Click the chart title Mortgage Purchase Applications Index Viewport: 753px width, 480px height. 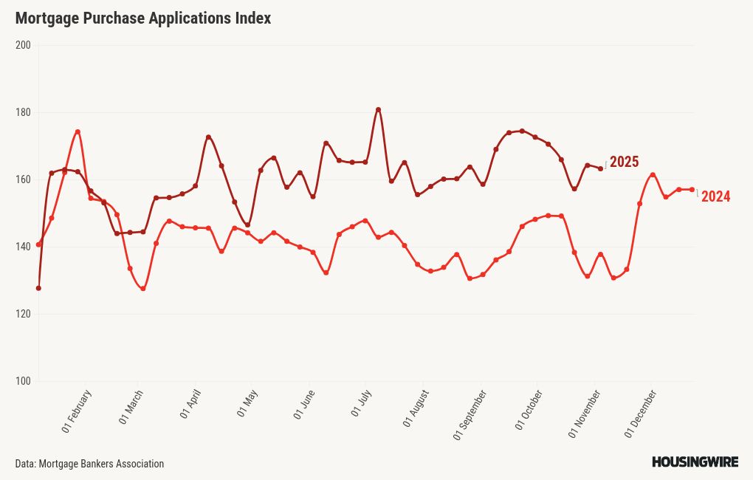pyautogui.click(x=143, y=18)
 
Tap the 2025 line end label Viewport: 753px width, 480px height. pyautogui.click(x=624, y=162)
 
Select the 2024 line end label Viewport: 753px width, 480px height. pyautogui.click(x=715, y=196)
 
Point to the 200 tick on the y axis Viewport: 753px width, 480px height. pyautogui.click(x=23, y=45)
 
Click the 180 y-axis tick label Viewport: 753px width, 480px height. pyautogui.click(x=23, y=112)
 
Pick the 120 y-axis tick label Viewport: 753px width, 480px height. pyautogui.click(x=23, y=314)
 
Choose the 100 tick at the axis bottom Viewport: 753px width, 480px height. pyautogui.click(x=23, y=381)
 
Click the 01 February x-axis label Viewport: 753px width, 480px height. pyautogui.click(x=77, y=411)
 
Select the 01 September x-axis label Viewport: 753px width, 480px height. pyautogui.click(x=470, y=415)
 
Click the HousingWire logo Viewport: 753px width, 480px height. pyautogui.click(x=695, y=462)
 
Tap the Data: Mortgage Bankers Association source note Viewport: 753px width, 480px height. pyautogui.click(x=89, y=464)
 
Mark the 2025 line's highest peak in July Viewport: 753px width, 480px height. pyautogui.click(x=378, y=109)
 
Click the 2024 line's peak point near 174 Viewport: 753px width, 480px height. pyautogui.click(x=78, y=132)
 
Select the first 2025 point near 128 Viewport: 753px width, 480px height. pyautogui.click(x=38, y=288)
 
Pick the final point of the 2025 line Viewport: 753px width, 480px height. pyautogui.click(x=600, y=168)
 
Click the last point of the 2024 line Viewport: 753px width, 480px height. pyautogui.click(x=692, y=190)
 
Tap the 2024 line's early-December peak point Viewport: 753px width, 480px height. pyautogui.click(x=653, y=175)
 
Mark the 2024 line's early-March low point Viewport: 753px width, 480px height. pyautogui.click(x=142, y=289)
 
